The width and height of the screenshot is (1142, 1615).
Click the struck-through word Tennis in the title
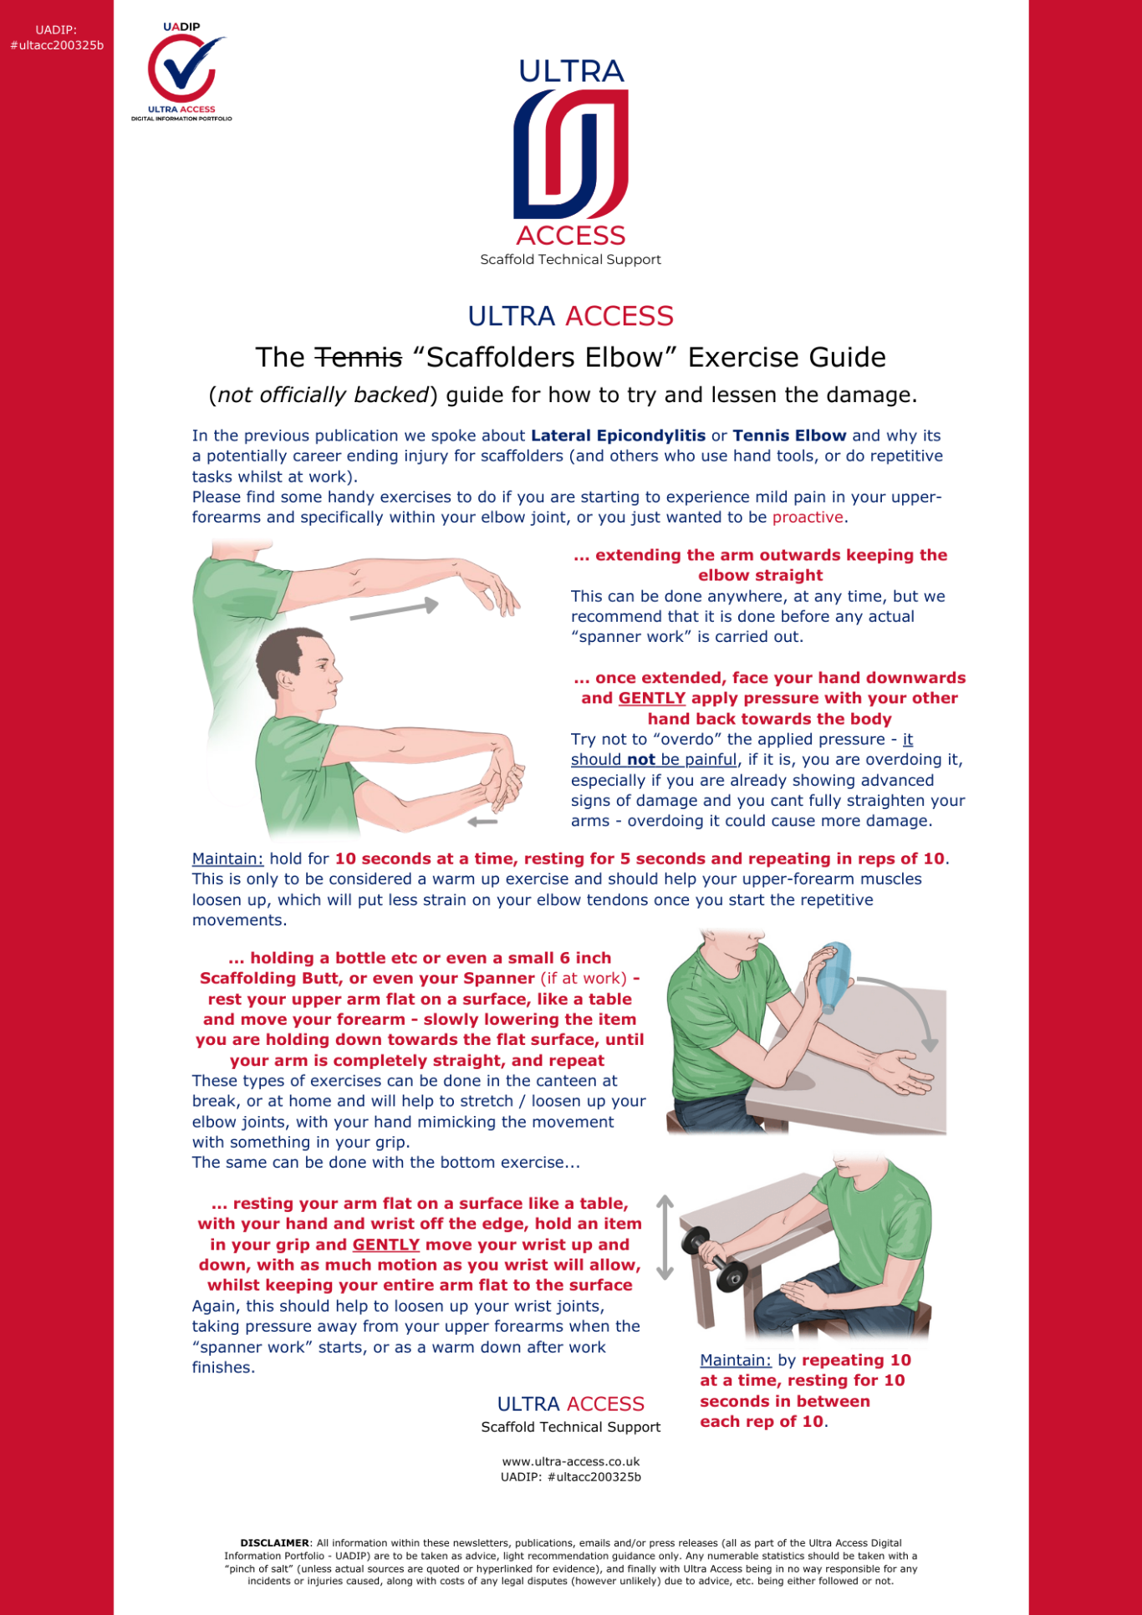click(358, 358)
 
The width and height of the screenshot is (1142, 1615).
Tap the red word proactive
click(807, 517)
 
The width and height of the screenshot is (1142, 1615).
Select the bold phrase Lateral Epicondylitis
click(618, 436)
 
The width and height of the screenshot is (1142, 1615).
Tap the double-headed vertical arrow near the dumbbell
click(665, 1237)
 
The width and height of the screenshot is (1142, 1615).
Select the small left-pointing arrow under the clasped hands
click(482, 822)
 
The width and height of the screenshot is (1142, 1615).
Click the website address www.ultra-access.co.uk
click(571, 1462)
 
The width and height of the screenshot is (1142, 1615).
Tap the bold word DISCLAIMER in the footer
click(274, 1543)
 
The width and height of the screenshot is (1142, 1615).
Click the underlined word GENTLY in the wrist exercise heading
click(385, 1245)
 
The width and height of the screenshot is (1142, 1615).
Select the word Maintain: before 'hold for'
click(227, 859)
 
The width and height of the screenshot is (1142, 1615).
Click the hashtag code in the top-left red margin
click(57, 45)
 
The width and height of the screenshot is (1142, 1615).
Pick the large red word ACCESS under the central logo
click(571, 236)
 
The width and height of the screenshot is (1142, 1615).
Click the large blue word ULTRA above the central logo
click(571, 72)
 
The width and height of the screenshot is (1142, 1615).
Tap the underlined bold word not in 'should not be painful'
click(641, 760)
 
